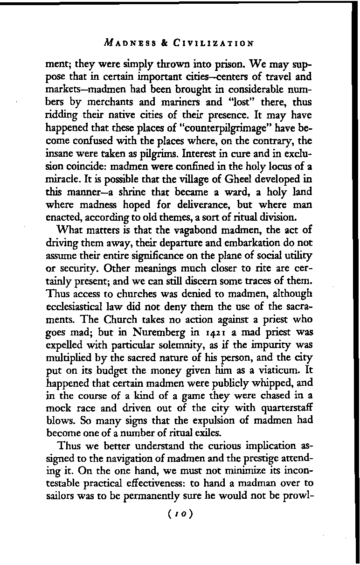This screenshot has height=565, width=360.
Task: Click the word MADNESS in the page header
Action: pos(129,45)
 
